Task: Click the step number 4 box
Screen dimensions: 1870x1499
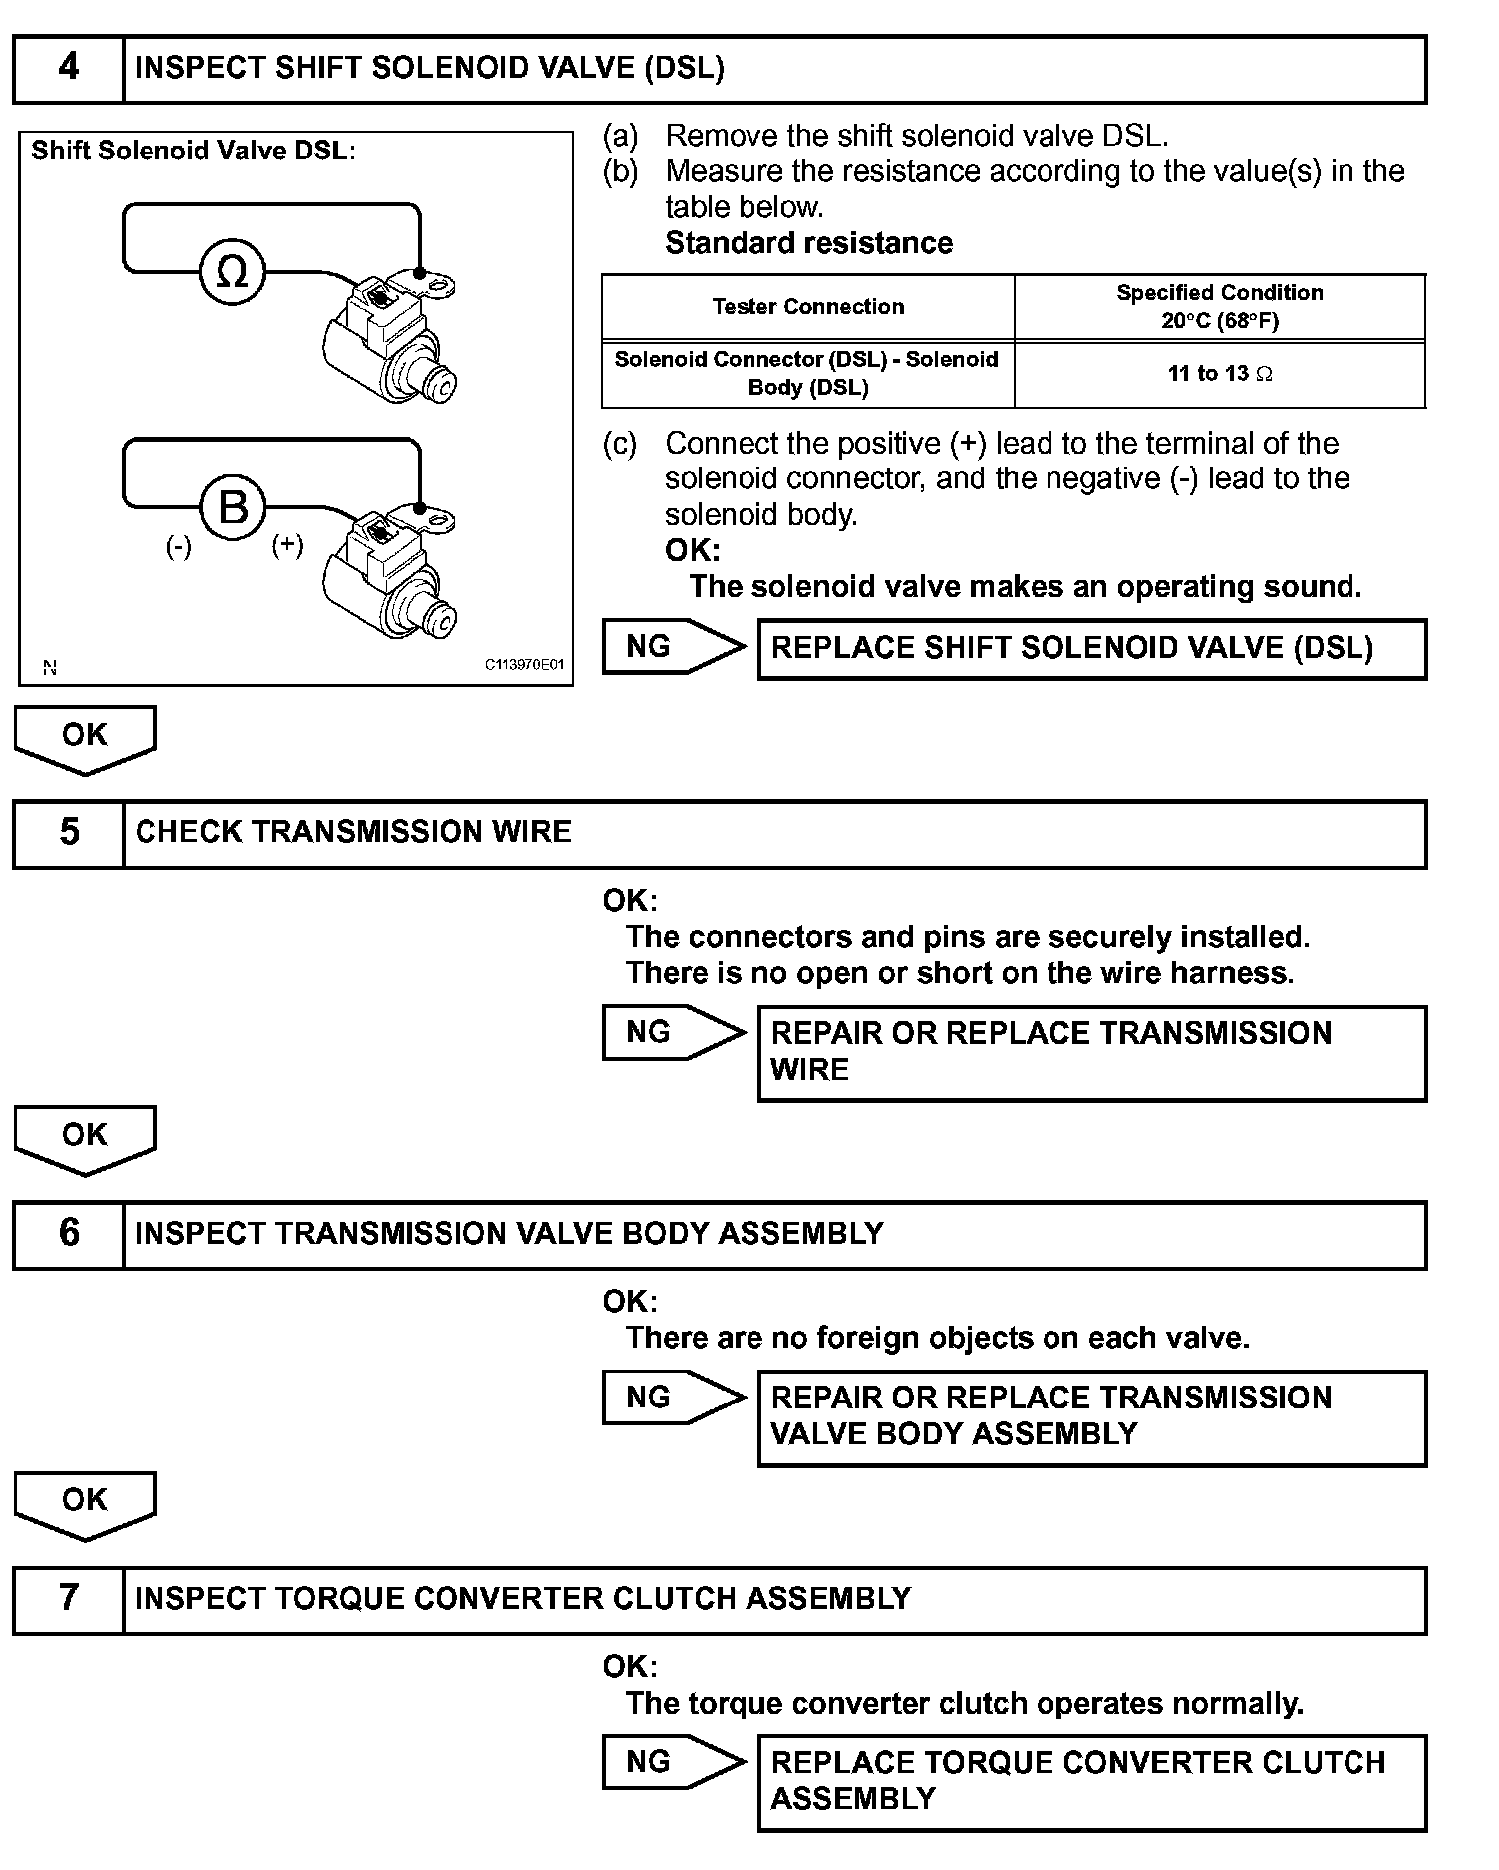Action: (x=68, y=69)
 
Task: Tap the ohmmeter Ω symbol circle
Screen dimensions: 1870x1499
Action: (x=232, y=272)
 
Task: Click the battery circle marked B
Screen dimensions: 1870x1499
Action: (x=233, y=507)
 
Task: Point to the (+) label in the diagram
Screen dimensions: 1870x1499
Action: (x=288, y=544)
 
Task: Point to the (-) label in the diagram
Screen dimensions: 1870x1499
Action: (x=179, y=546)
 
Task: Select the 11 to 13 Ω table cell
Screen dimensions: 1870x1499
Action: (x=1220, y=374)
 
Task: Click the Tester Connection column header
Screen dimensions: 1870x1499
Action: (x=808, y=307)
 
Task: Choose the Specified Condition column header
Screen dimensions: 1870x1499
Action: (x=1220, y=307)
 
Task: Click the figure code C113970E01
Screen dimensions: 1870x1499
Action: (x=525, y=664)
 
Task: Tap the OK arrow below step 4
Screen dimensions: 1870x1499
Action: (x=85, y=738)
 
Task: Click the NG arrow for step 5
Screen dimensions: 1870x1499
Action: (x=672, y=1033)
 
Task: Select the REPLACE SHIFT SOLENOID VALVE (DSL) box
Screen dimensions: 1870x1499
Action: (x=1092, y=649)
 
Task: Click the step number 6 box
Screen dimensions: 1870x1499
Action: (x=68, y=1234)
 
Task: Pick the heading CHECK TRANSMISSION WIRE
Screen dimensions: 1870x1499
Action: (x=354, y=833)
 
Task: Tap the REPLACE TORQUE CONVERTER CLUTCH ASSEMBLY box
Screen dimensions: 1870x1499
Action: (x=1092, y=1782)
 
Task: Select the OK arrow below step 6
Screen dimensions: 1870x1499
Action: (x=85, y=1503)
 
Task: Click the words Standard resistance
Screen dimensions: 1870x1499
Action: (x=808, y=243)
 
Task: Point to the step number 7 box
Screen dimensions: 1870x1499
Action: (x=68, y=1599)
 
